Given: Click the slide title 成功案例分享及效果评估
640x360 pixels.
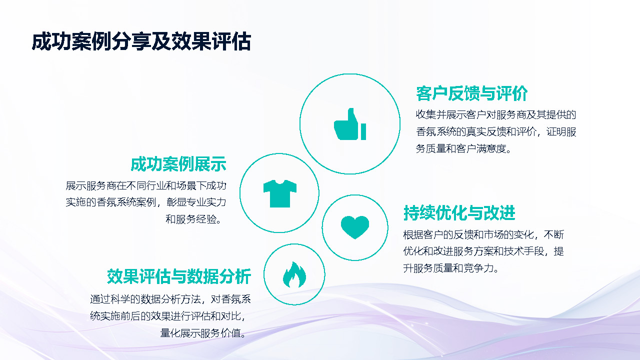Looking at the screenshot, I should (x=141, y=42).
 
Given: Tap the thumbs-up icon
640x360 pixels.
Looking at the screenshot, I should (x=350, y=124).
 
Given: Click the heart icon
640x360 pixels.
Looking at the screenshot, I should (x=355, y=227).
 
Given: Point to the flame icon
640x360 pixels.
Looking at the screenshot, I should (x=294, y=274).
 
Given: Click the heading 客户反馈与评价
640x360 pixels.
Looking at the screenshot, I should (x=471, y=93).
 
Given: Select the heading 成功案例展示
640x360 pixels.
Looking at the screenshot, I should (x=178, y=164).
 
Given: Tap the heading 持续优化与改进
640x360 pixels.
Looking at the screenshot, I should (x=459, y=213).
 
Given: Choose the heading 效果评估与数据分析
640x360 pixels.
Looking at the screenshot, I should (x=178, y=276).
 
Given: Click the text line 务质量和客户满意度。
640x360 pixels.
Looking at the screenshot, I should (x=464, y=149).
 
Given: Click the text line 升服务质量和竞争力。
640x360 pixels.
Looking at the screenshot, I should (x=451, y=268).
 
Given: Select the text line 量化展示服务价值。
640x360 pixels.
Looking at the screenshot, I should (x=205, y=333).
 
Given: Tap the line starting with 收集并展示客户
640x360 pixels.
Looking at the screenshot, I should (x=496, y=114).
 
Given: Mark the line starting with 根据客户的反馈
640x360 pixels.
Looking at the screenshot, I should (x=483, y=234).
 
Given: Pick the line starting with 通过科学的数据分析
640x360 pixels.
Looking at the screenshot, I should (x=170, y=299).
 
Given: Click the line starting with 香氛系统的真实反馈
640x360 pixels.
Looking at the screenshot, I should (x=496, y=132).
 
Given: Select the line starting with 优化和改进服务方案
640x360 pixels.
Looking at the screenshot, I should (x=483, y=251).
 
